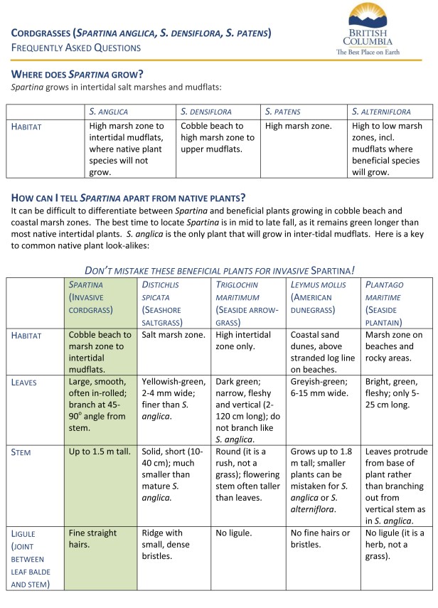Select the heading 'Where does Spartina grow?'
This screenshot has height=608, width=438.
[78, 74]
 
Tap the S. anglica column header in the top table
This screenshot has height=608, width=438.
[107, 112]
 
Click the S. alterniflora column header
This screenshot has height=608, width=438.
[381, 112]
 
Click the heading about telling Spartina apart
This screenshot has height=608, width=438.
[134, 197]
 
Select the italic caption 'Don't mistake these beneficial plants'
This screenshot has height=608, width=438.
[219, 270]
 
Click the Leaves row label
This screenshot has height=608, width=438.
[25, 382]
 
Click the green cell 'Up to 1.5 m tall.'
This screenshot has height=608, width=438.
[100, 452]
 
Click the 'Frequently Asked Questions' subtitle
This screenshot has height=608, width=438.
[75, 48]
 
